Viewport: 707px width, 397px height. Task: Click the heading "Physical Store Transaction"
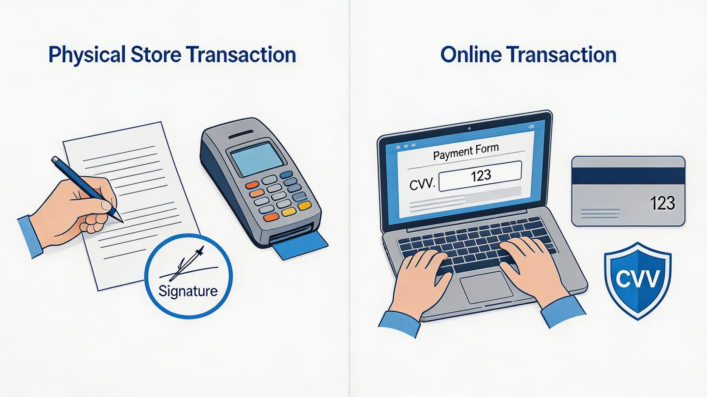click(x=172, y=55)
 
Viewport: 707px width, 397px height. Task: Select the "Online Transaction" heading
click(x=528, y=55)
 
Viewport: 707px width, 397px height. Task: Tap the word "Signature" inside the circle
click(x=188, y=291)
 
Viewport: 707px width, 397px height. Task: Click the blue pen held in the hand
click(x=87, y=189)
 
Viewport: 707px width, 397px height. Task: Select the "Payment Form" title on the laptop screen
click(x=466, y=152)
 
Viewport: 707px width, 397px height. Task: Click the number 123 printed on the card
click(x=662, y=203)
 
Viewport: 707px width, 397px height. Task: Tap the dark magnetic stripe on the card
click(x=628, y=176)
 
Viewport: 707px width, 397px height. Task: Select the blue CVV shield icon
click(x=638, y=281)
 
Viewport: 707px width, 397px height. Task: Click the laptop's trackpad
click(x=486, y=287)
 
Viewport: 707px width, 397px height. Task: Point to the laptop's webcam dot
click(x=469, y=128)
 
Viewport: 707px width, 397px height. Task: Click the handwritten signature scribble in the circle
click(x=189, y=265)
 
